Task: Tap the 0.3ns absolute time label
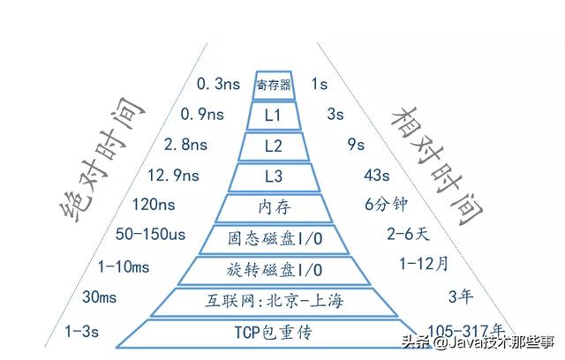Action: pyautogui.click(x=218, y=85)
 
